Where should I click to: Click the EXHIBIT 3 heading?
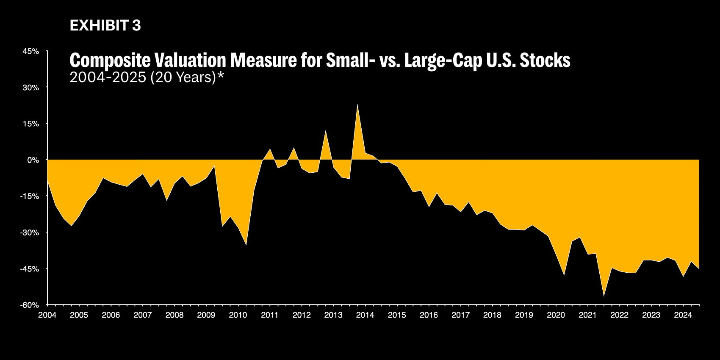pyautogui.click(x=105, y=26)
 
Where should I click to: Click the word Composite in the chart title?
pyautogui.click(x=110, y=61)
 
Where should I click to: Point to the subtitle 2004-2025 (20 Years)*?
pyautogui.click(x=147, y=78)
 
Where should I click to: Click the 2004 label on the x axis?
pyautogui.click(x=47, y=315)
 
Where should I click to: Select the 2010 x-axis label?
pyautogui.click(x=238, y=315)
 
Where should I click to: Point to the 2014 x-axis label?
pyautogui.click(x=365, y=315)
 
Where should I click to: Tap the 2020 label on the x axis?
pyautogui.click(x=556, y=315)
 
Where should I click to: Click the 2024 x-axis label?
pyautogui.click(x=683, y=315)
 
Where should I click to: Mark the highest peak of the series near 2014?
pyautogui.click(x=357, y=104)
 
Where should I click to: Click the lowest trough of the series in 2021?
pyautogui.click(x=604, y=296)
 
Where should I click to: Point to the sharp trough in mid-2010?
pyautogui.click(x=246, y=245)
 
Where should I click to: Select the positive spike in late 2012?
pyautogui.click(x=325, y=131)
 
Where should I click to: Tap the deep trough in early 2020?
pyautogui.click(x=564, y=275)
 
